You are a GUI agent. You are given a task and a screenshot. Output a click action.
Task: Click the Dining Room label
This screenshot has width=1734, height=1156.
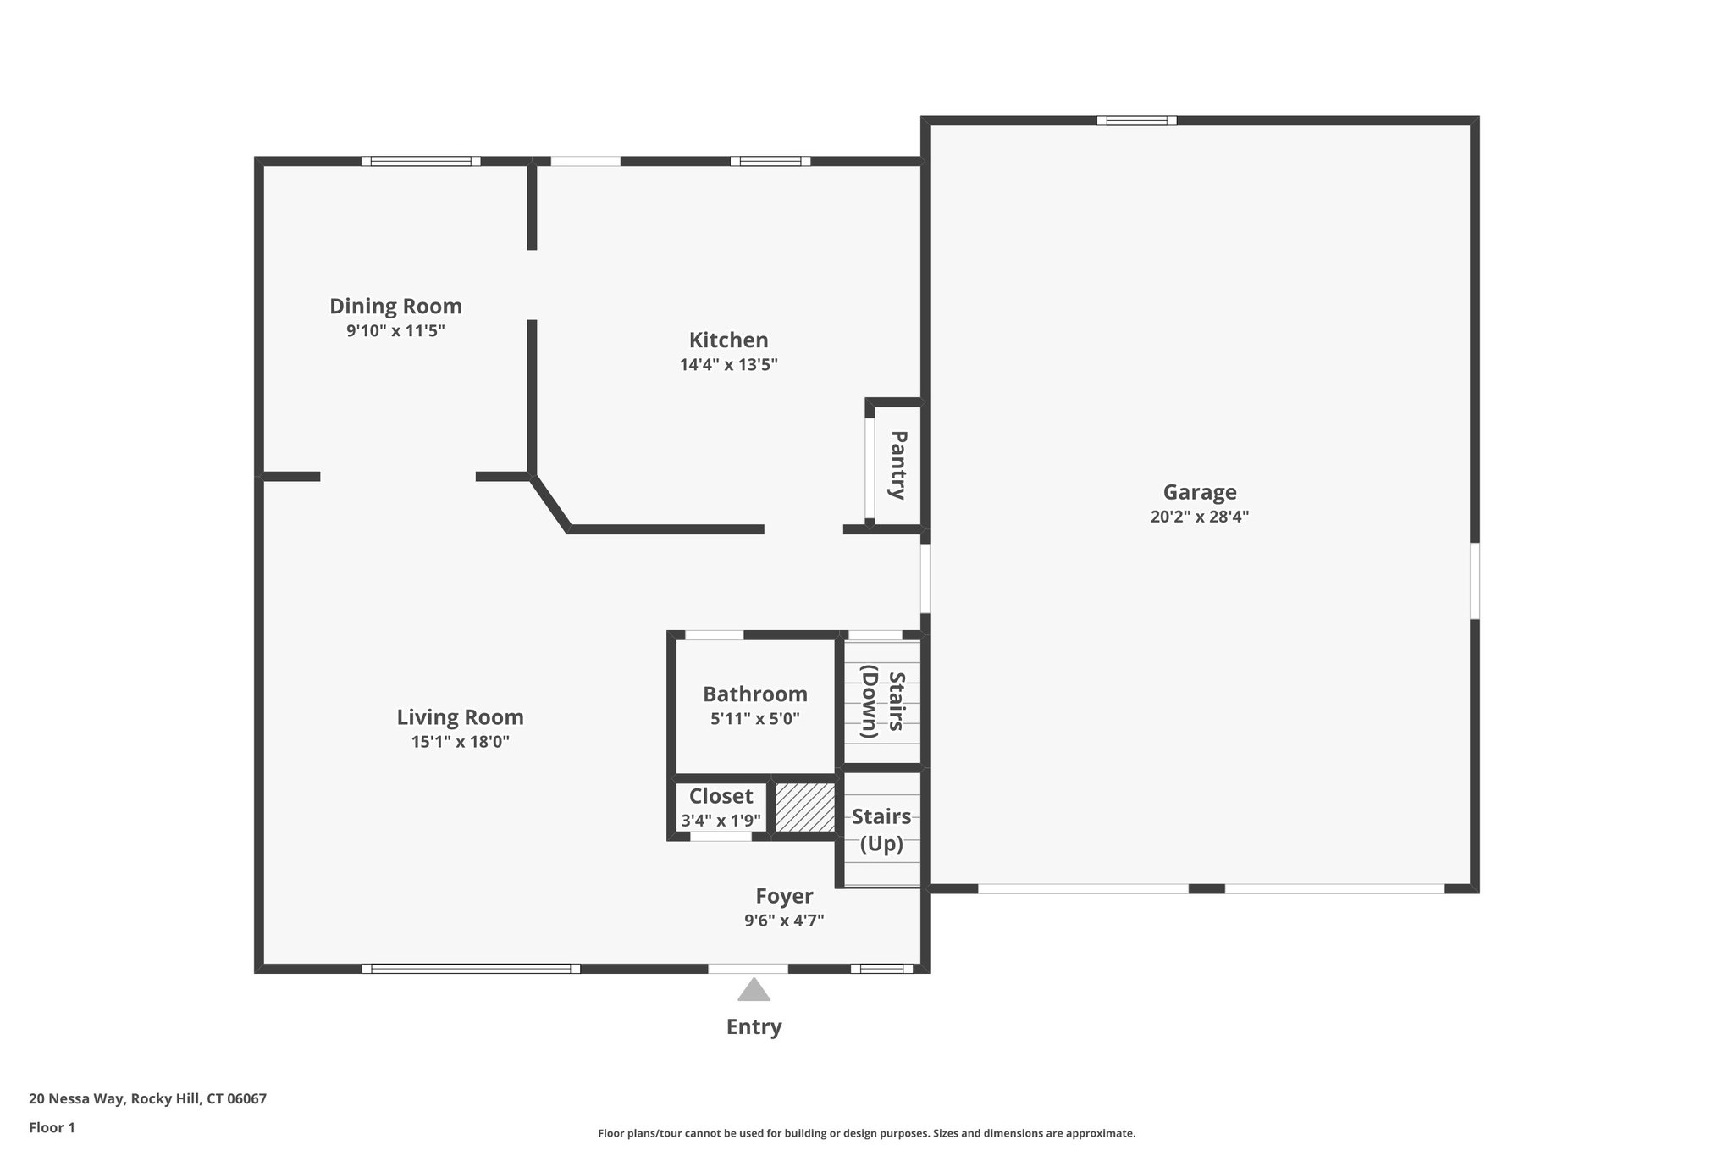click(x=395, y=306)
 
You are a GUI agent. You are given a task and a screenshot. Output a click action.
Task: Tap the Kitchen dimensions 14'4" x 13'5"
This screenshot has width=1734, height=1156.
click(x=728, y=365)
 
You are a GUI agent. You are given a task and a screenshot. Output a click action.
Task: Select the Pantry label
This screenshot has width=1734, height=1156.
click(x=898, y=465)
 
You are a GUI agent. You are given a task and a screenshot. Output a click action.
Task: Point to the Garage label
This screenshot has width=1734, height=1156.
click(x=1199, y=492)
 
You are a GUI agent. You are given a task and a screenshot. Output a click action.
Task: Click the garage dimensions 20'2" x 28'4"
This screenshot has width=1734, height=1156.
click(x=1199, y=517)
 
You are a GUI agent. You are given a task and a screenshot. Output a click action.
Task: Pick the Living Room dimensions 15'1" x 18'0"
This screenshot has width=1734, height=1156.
click(x=460, y=742)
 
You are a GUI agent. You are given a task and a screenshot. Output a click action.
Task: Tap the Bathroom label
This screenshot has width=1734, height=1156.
click(x=754, y=694)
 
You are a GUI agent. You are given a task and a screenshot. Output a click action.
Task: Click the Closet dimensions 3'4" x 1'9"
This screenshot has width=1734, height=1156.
click(x=721, y=821)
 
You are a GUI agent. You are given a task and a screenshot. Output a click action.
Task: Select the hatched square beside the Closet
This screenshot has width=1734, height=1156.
click(x=804, y=807)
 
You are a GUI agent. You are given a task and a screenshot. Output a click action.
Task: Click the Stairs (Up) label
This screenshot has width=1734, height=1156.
click(x=881, y=830)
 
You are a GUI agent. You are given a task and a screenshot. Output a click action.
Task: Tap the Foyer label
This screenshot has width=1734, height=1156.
click(x=784, y=896)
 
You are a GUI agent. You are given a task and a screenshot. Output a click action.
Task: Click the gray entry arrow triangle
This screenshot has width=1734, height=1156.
click(x=754, y=991)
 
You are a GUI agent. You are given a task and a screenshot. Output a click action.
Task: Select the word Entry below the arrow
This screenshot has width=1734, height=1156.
click(x=754, y=1026)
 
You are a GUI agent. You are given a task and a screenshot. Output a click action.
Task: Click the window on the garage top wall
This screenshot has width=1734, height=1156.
click(x=1136, y=120)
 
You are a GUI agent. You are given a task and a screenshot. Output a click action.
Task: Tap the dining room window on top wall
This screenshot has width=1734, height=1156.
click(x=421, y=161)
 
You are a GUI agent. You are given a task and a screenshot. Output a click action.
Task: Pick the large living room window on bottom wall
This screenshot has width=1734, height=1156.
click(x=471, y=969)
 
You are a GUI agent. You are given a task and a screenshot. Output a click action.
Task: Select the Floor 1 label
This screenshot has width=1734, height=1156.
click(x=52, y=1127)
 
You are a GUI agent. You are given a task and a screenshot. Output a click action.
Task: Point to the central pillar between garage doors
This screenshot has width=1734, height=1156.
click(x=1207, y=888)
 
